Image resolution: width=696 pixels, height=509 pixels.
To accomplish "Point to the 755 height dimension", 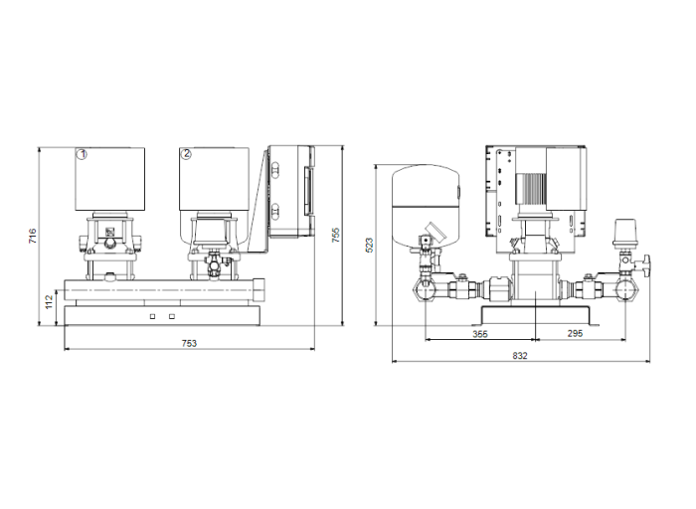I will [336, 235].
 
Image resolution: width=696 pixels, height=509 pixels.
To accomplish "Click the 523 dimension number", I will [369, 245].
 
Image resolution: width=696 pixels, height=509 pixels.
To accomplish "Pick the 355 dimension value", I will [480, 334].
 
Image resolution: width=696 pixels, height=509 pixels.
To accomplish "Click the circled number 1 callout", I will [83, 153].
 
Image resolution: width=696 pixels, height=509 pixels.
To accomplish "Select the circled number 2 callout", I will [186, 153].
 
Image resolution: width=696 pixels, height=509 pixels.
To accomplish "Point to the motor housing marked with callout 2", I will [214, 179].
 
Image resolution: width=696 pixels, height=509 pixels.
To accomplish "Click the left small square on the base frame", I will [152, 316].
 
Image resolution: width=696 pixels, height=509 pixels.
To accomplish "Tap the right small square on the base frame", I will [172, 316].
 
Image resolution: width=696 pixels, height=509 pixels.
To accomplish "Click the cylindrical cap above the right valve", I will [625, 232].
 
